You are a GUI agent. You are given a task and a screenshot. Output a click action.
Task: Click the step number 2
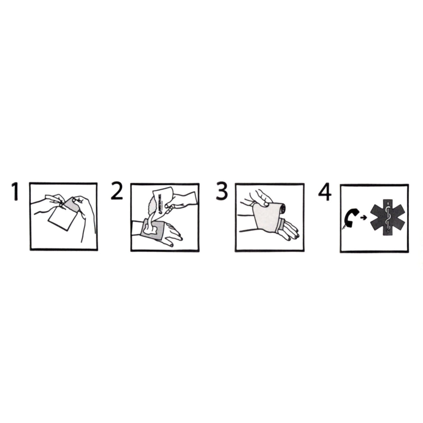tap(117, 191)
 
